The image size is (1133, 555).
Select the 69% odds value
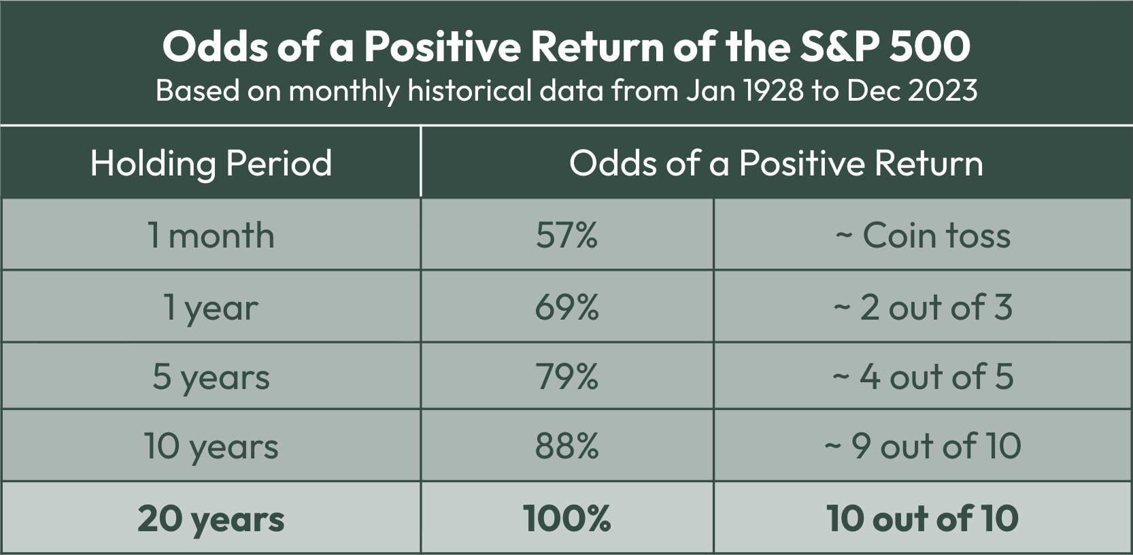[x=566, y=307]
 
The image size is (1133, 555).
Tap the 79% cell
[x=566, y=377]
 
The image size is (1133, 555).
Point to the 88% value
[x=566, y=446]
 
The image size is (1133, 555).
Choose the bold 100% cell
[x=566, y=518]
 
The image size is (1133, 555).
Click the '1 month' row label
[x=211, y=236]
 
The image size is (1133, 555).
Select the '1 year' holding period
[x=211, y=308]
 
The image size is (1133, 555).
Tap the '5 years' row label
[x=211, y=378]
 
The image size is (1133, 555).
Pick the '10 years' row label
[x=211, y=448]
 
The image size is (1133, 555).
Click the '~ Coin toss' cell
[x=923, y=236]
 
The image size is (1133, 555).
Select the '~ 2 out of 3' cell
[x=923, y=307]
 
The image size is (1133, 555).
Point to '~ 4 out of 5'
[x=923, y=377]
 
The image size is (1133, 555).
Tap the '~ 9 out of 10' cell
[x=923, y=446]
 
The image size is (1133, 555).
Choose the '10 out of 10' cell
[x=923, y=518]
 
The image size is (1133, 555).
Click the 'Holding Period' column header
[x=211, y=163]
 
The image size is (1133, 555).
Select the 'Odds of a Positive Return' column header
[x=777, y=163]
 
